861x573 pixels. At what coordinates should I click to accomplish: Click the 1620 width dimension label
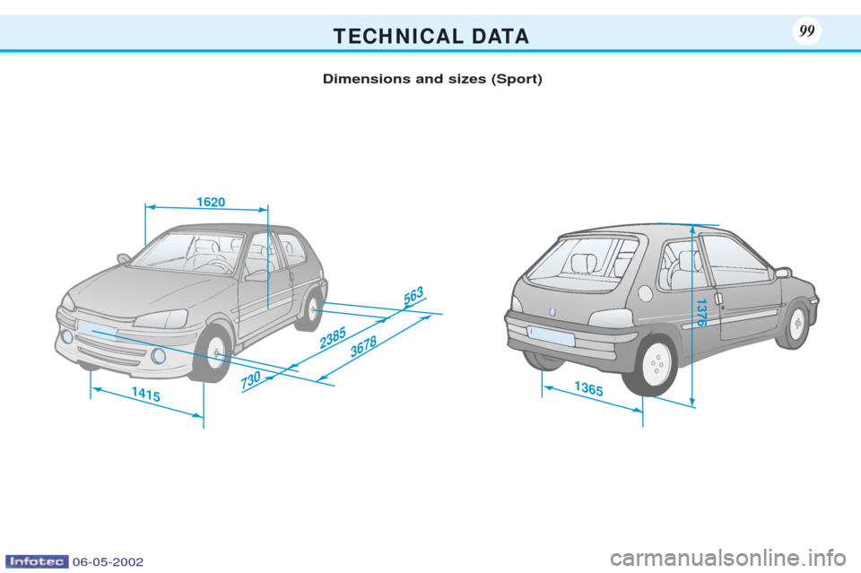tap(211, 202)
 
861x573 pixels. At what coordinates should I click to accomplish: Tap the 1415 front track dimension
tap(146, 394)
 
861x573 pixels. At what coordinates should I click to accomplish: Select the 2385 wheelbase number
tap(333, 337)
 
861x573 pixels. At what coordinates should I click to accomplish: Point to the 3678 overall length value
tap(363, 346)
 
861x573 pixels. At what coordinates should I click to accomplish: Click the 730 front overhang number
tap(250, 380)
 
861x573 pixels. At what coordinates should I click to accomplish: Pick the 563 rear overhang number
tap(413, 295)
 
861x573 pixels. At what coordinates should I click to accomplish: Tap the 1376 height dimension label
tap(700, 313)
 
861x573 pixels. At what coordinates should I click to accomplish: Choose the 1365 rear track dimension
tap(588, 388)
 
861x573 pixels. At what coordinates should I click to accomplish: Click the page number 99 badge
tap(806, 30)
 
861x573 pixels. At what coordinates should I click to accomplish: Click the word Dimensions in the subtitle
tap(366, 79)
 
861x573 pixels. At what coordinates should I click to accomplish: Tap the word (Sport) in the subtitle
tap(517, 79)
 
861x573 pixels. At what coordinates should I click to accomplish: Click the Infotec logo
tap(37, 561)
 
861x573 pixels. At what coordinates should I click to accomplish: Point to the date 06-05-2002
tap(108, 562)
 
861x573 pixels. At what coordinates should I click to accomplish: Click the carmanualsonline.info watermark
tap(727, 559)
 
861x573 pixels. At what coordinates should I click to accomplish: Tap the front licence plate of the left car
tap(97, 329)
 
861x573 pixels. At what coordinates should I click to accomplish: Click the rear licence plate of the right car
tap(551, 335)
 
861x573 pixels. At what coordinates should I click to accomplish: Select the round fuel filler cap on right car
tap(646, 293)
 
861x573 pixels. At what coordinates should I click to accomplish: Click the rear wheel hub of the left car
tap(312, 309)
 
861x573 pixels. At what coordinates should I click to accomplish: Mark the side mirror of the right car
tap(782, 273)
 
